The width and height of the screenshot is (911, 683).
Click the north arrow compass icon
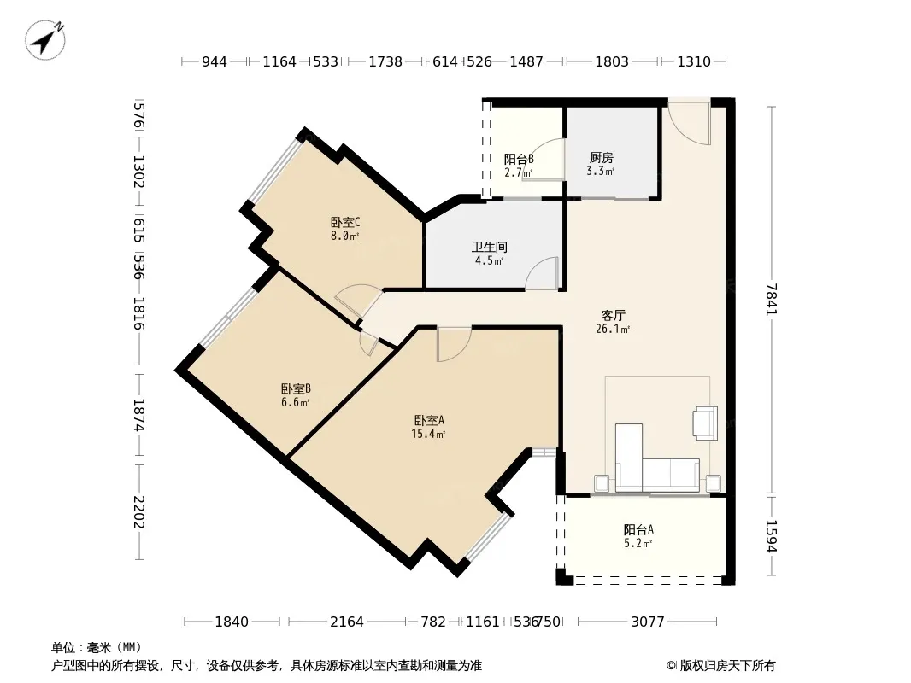(44, 40)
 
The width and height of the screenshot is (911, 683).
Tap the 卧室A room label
(429, 420)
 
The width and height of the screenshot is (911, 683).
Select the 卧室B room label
(296, 388)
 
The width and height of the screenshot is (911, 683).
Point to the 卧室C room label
(345, 222)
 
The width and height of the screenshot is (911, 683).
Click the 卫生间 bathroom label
(489, 248)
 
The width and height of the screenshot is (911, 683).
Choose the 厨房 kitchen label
(602, 157)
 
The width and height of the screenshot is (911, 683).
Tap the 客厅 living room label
(613, 315)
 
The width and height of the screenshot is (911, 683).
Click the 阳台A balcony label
(638, 529)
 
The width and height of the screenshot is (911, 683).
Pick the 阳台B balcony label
(519, 159)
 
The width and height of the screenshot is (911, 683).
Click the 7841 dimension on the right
(772, 300)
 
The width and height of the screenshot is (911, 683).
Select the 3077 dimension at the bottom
(647, 622)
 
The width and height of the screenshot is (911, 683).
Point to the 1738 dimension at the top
(385, 61)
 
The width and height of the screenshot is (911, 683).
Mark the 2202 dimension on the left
(138, 511)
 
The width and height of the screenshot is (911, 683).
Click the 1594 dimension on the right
(772, 535)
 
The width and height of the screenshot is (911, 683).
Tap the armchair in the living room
(705, 423)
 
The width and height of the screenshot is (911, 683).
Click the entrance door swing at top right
(689, 122)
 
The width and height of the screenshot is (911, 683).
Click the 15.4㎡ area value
(429, 434)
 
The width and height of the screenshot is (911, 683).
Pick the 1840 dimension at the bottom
(232, 622)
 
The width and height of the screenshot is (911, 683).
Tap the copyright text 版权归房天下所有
(726, 666)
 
